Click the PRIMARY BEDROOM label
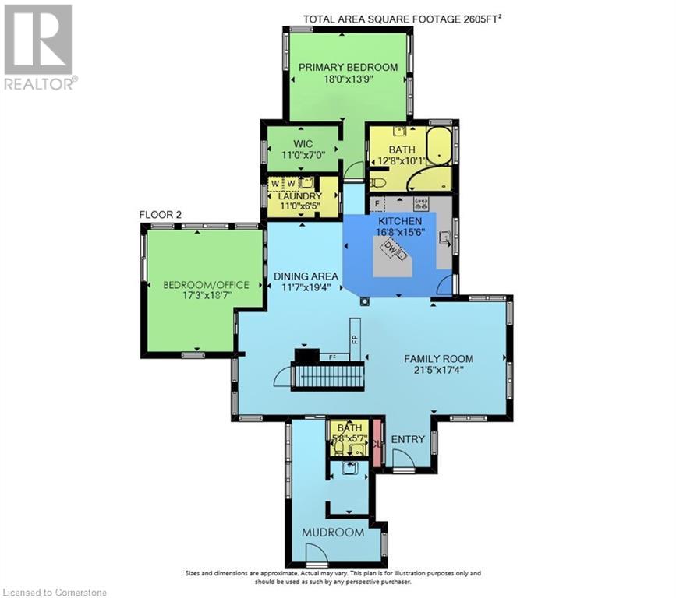point(348,67)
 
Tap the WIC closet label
point(303,144)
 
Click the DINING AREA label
point(306,276)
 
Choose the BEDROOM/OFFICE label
point(206,285)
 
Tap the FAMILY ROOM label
point(438,359)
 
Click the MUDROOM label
point(333,533)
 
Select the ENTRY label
point(408,440)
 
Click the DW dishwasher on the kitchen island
point(393,251)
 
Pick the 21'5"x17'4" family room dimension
point(438,371)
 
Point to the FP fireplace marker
point(355,339)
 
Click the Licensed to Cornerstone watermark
point(55,592)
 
